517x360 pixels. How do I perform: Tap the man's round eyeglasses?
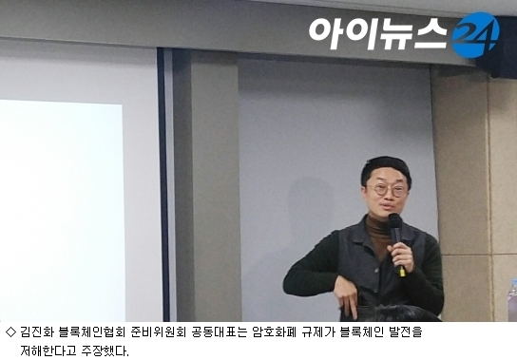(388, 190)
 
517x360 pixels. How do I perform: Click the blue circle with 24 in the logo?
(475, 34)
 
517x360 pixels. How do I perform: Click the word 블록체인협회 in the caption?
(92, 332)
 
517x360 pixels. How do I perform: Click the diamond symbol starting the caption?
(10, 332)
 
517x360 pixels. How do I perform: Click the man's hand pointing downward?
(346, 296)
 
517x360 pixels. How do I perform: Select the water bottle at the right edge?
(512, 300)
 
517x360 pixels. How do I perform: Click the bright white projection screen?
(62, 210)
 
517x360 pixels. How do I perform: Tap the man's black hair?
(386, 169)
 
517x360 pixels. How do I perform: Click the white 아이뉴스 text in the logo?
(378, 33)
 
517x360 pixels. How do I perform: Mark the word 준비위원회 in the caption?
(158, 332)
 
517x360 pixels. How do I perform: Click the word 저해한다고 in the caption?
(48, 351)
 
